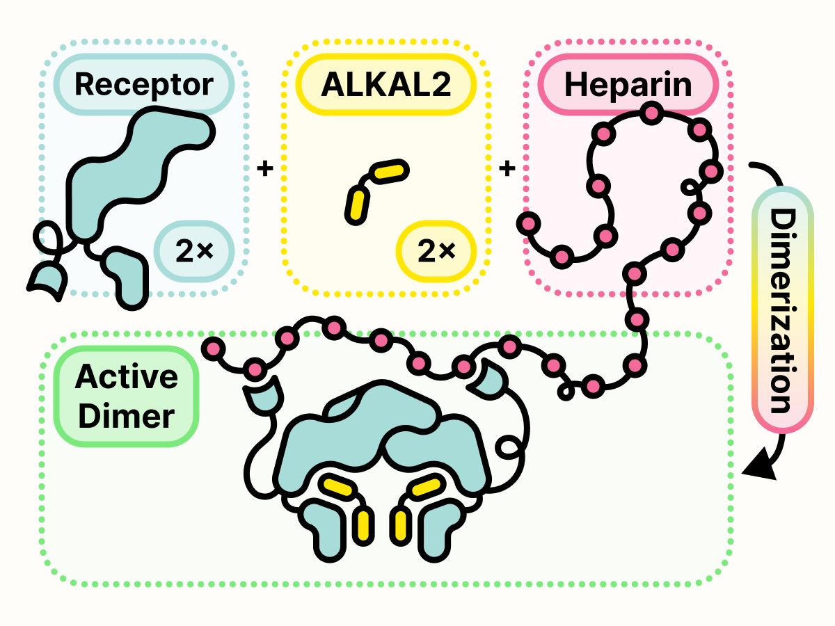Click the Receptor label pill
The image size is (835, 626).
point(143,85)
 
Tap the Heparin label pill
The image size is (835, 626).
point(628,85)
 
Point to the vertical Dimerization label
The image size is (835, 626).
point(783,310)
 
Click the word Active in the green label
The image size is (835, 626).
point(126,378)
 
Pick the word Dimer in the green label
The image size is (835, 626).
point(126,417)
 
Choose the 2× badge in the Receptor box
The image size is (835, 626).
point(193,252)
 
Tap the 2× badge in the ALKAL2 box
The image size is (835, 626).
point(435,252)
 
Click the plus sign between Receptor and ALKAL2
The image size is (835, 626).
point(264,168)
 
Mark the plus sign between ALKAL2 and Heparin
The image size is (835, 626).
point(507,168)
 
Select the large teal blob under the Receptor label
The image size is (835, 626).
point(132,174)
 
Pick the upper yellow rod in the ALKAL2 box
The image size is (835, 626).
point(388,171)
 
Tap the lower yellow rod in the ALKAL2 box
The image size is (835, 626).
point(358,204)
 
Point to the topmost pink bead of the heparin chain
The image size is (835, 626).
point(652,111)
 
